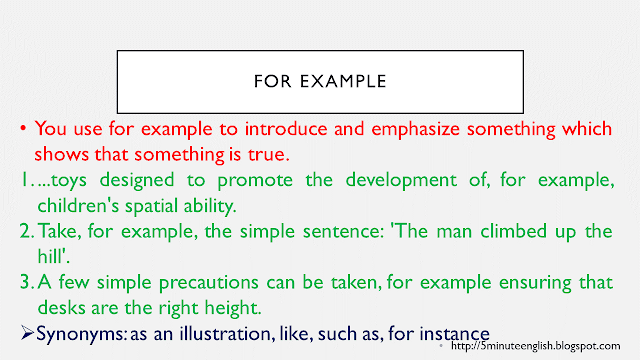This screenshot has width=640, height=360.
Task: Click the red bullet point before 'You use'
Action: (x=24, y=129)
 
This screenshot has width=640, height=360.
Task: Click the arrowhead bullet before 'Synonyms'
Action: (x=27, y=332)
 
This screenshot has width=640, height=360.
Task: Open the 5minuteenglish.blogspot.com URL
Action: (x=535, y=346)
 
